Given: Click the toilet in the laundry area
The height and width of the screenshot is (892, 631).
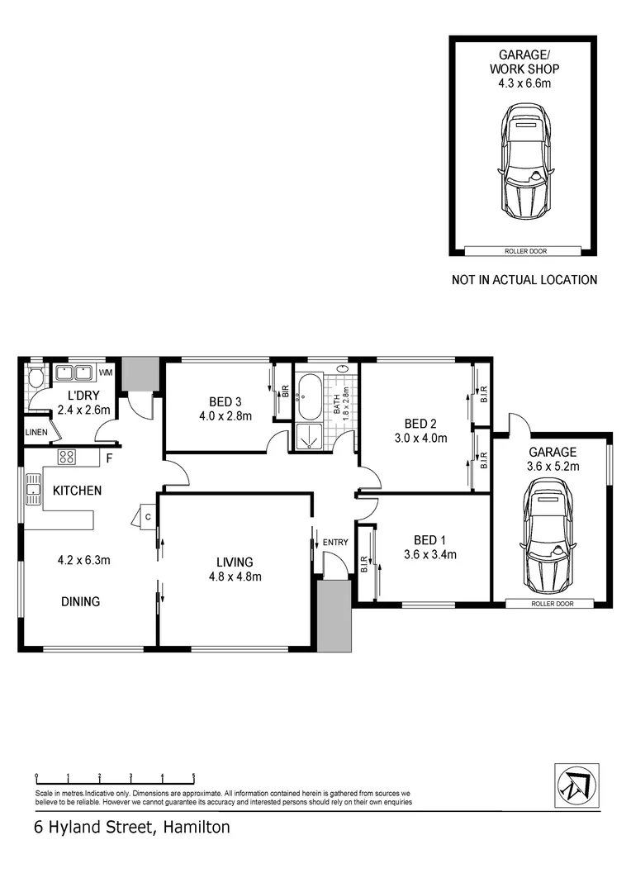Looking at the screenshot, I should pyautogui.click(x=35, y=380).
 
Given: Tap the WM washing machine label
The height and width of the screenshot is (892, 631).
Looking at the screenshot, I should pyautogui.click(x=105, y=372).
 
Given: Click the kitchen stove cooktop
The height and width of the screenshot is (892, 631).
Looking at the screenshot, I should pyautogui.click(x=67, y=457).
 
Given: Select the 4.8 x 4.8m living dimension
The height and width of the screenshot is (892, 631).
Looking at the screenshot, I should pyautogui.click(x=235, y=576).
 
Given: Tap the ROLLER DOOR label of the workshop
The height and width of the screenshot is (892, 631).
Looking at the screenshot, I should pyautogui.click(x=522, y=250).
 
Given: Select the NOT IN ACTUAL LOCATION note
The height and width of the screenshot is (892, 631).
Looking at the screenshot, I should pyautogui.click(x=524, y=280).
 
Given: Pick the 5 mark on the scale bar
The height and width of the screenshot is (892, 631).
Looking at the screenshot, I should pyautogui.click(x=193, y=776).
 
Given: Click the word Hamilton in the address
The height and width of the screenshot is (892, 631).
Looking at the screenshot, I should pyautogui.click(x=197, y=827).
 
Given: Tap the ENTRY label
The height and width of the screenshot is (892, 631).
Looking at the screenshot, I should pyautogui.click(x=335, y=542).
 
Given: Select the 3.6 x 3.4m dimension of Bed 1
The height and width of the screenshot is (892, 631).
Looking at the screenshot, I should pyautogui.click(x=429, y=554).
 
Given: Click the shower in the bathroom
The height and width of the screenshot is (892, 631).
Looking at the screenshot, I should pyautogui.click(x=308, y=437).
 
